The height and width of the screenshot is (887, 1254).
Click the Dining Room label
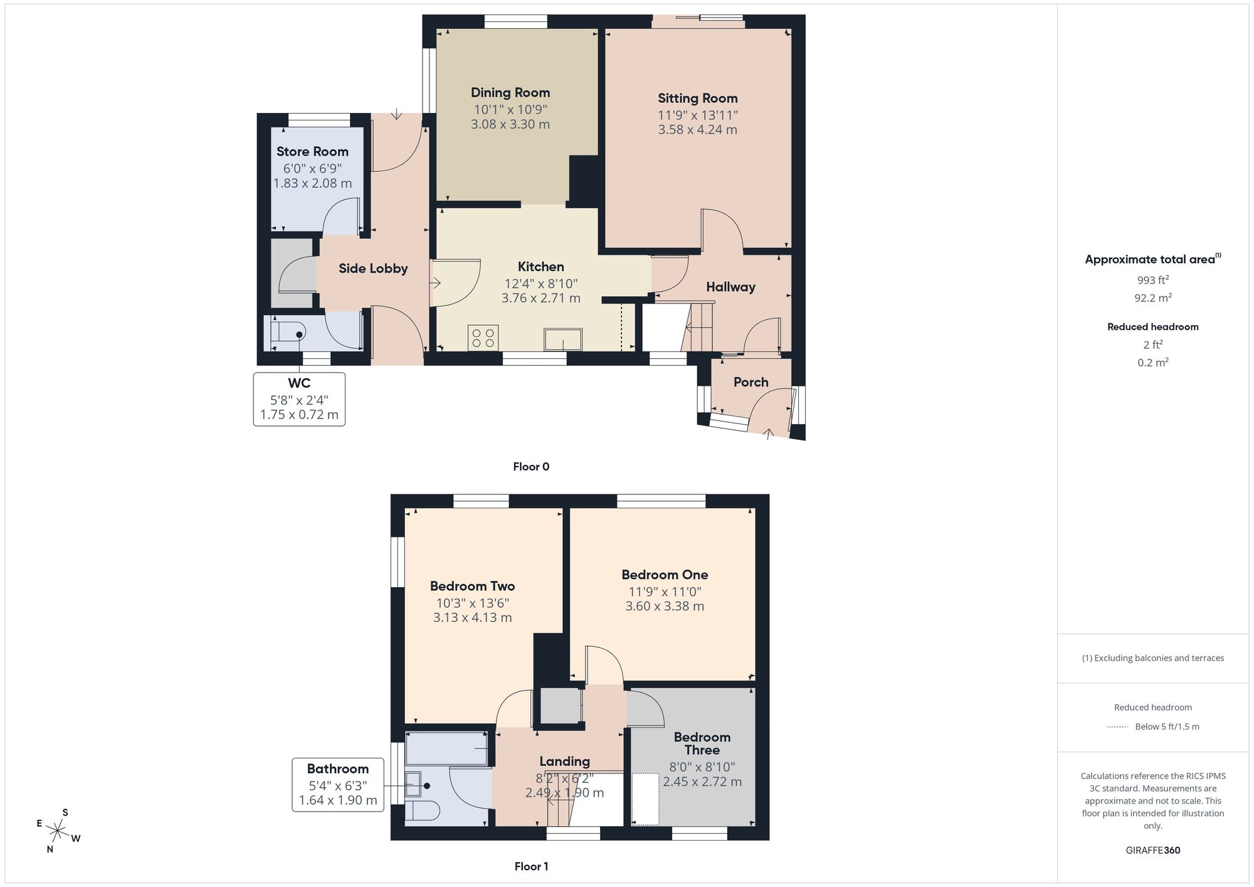[x=510, y=93]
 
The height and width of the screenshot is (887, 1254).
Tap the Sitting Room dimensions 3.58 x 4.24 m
[x=697, y=130]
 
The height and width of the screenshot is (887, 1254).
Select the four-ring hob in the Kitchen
[x=483, y=337]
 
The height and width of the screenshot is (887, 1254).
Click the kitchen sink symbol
[x=562, y=339]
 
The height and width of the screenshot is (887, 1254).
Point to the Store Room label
[x=312, y=152]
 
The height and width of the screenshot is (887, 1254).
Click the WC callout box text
[x=299, y=399]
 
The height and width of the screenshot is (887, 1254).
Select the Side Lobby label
[x=373, y=268]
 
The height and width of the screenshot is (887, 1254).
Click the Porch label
[x=751, y=382]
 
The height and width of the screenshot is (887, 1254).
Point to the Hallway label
[x=730, y=287]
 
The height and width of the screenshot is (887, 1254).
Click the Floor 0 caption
[x=531, y=467]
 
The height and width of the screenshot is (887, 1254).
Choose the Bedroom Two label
[x=472, y=587]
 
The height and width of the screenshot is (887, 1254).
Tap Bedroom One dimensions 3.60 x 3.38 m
[x=665, y=607]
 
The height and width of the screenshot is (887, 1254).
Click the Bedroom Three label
[x=702, y=743]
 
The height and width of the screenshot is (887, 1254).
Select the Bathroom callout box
[x=337, y=784]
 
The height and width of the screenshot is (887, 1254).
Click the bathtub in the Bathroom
[x=447, y=748]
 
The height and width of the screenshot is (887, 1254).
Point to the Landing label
[x=564, y=762]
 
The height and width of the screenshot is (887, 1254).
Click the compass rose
[x=58, y=832]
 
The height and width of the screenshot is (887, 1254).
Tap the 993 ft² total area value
[x=1152, y=280]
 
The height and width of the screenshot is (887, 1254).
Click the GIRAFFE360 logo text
[x=1152, y=851]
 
